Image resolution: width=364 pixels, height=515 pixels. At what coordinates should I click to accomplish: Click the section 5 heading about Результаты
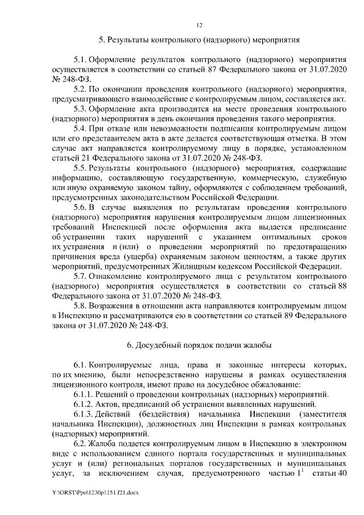(x=199, y=40)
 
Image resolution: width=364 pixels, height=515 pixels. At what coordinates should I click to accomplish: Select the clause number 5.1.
(x=80, y=59)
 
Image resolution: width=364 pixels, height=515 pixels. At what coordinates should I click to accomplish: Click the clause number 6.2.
(x=80, y=444)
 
